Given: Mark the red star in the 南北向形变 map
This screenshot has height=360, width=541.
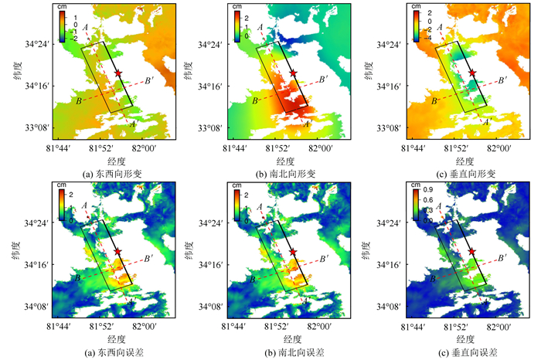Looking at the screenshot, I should (293, 73).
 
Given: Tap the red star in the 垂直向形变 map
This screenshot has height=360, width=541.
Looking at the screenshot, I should (471, 73).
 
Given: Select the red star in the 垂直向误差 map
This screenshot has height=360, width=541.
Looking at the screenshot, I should (471, 251).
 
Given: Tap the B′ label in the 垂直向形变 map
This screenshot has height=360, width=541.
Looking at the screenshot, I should (502, 80).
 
